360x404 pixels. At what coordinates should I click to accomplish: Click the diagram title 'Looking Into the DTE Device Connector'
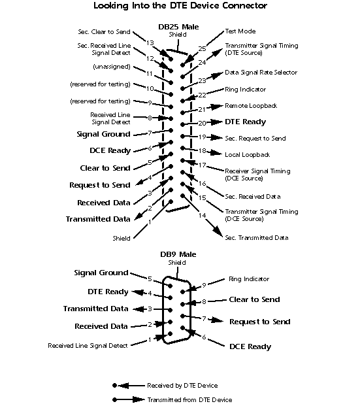180,6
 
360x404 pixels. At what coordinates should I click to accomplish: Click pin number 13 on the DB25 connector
150,42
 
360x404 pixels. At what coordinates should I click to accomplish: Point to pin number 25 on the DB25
203,48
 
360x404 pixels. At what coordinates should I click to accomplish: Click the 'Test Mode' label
240,31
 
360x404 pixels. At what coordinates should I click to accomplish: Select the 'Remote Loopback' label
250,105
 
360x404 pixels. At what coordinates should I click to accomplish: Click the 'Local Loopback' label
247,154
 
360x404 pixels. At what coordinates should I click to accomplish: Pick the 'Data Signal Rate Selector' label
261,72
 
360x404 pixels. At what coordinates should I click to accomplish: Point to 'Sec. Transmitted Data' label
256,238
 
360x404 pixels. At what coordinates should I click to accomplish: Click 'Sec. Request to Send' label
255,138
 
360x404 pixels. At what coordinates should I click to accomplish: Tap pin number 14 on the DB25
202,215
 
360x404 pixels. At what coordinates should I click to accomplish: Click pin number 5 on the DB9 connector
150,278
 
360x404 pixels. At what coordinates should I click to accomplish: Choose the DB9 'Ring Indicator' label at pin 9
248,279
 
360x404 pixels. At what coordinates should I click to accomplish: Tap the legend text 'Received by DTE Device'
182,386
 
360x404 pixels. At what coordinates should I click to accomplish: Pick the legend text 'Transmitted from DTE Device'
189,399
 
